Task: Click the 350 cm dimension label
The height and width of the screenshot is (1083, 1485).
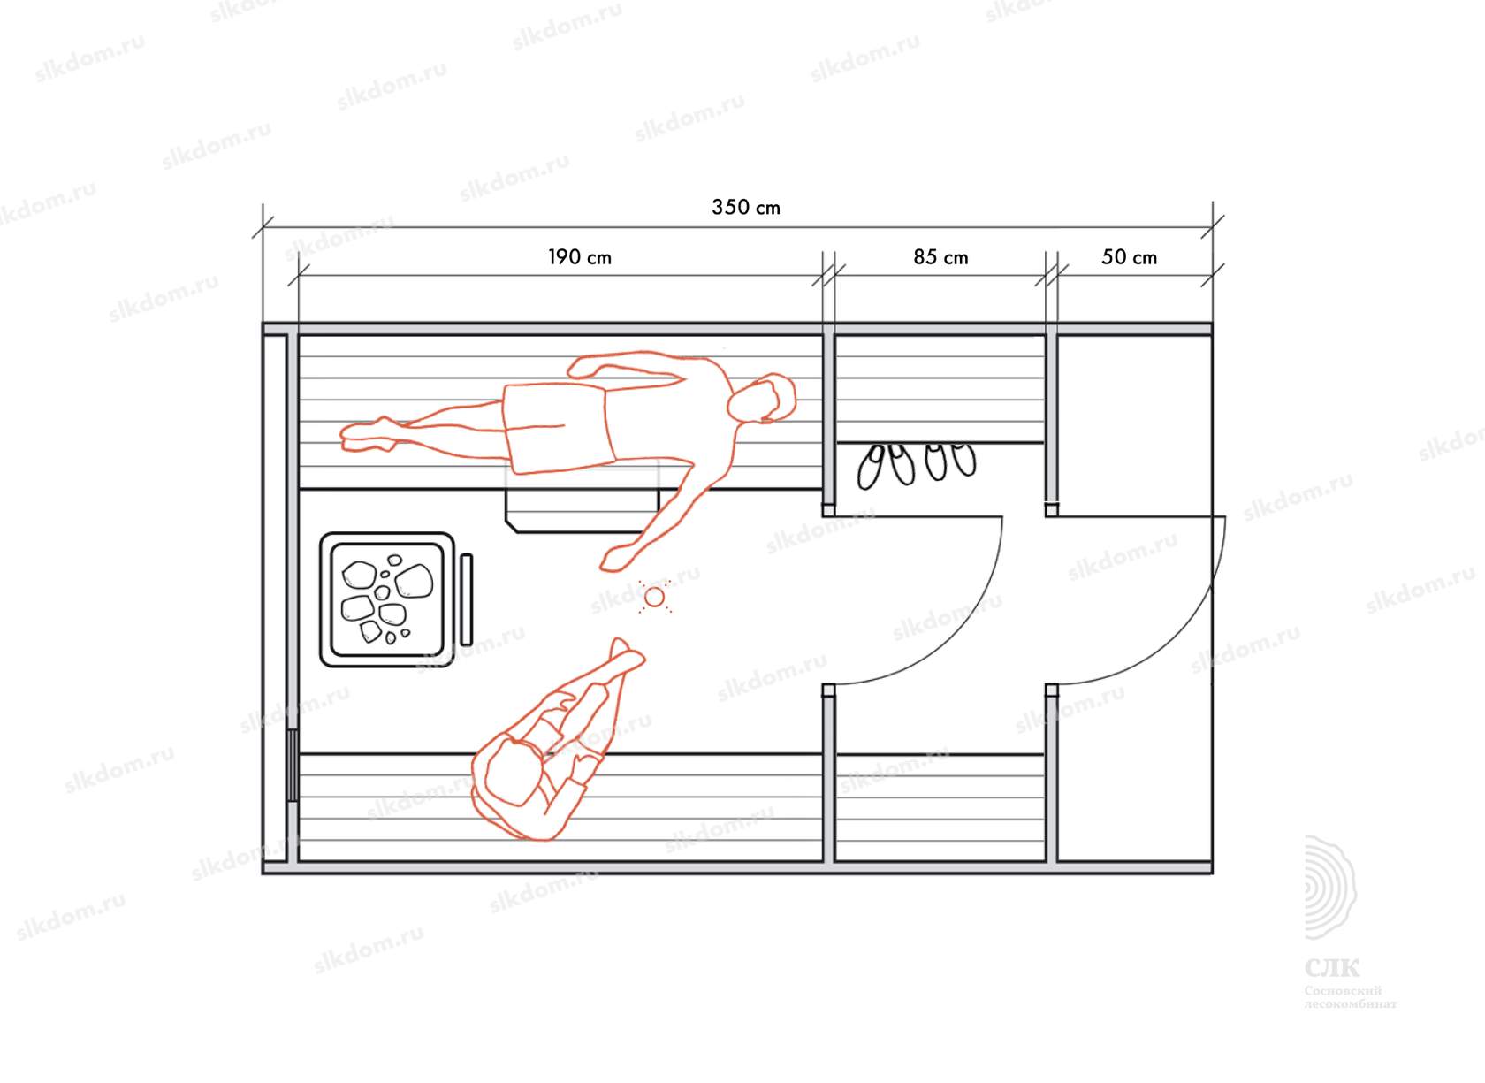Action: [746, 208]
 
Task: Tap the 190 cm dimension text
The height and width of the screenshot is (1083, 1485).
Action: [580, 257]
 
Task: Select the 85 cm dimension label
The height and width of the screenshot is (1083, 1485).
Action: [940, 257]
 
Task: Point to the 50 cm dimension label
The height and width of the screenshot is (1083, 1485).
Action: [1129, 257]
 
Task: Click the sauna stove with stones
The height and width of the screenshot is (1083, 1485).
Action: [387, 599]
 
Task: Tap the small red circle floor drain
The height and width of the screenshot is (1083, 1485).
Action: [654, 598]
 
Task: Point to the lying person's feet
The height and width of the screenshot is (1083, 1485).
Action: [368, 434]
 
